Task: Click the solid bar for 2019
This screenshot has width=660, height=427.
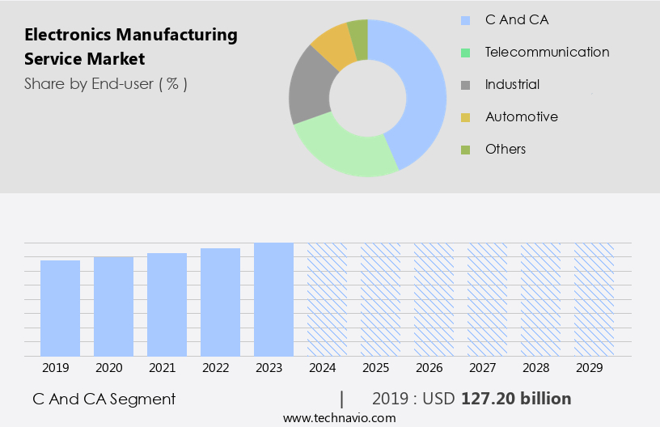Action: (60, 308)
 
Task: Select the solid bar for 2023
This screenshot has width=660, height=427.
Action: (273, 299)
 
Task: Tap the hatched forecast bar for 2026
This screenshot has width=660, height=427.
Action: (434, 299)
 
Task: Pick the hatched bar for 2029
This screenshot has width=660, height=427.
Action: (594, 299)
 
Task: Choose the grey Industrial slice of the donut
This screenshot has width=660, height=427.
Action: (308, 89)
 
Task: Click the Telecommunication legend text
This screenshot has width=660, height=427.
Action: (547, 52)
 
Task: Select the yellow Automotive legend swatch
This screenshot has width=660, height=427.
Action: (465, 117)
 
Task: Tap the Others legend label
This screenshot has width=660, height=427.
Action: (506, 149)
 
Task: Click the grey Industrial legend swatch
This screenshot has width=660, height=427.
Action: (465, 85)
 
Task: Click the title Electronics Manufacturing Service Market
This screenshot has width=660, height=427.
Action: (131, 47)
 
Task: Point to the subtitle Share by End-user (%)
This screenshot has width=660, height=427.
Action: (106, 83)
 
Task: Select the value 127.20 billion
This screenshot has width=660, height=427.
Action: (516, 399)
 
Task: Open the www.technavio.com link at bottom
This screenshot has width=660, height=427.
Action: (340, 418)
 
